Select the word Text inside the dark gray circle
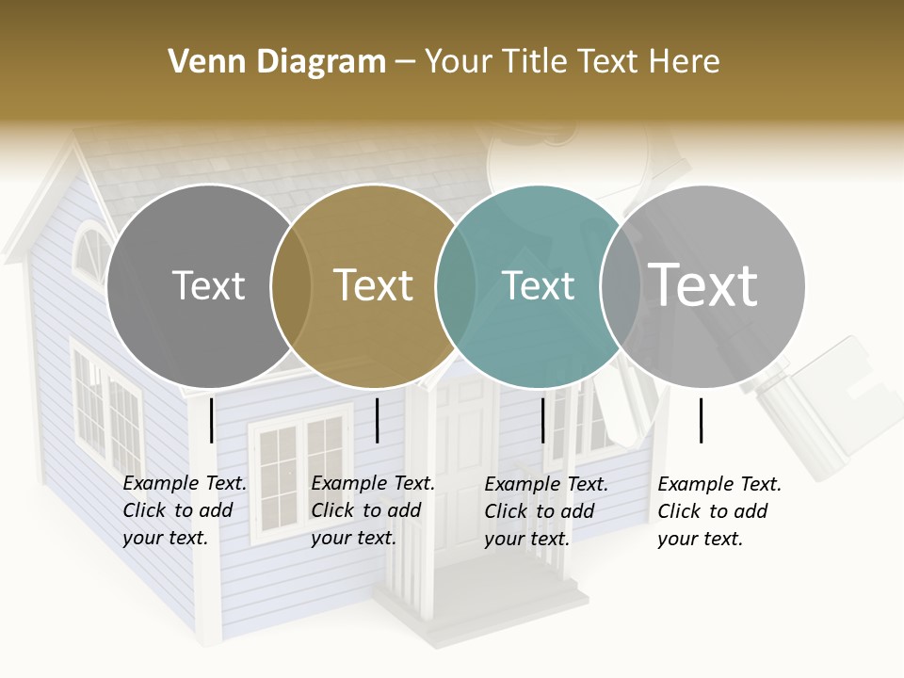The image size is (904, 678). pyautogui.click(x=208, y=285)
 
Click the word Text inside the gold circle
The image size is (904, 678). pyautogui.click(x=373, y=285)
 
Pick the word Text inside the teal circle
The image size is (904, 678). pyautogui.click(x=538, y=285)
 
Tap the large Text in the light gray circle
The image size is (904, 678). pyautogui.click(x=702, y=285)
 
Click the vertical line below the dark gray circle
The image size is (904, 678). pyautogui.click(x=212, y=420)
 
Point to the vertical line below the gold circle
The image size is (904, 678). pyautogui.click(x=377, y=420)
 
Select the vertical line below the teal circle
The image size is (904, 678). pyautogui.click(x=543, y=420)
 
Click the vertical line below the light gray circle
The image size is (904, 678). pyautogui.click(x=702, y=420)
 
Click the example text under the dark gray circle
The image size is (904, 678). pyautogui.click(x=184, y=510)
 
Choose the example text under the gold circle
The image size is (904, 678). pyautogui.click(x=372, y=510)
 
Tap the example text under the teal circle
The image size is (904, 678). pyautogui.click(x=545, y=511)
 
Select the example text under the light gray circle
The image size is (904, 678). pyautogui.click(x=718, y=511)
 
